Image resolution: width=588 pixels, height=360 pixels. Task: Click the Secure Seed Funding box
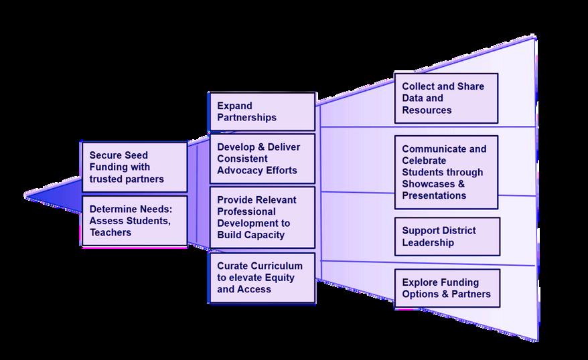(134, 167)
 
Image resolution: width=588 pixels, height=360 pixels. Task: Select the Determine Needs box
(134, 221)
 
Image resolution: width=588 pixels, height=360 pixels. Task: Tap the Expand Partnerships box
(261, 112)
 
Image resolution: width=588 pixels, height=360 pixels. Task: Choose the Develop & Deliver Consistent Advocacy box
(261, 159)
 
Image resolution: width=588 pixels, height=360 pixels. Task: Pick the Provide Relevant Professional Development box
(261, 217)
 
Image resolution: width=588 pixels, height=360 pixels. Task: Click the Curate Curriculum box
(261, 278)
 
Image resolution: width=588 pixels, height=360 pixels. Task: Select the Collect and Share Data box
(446, 98)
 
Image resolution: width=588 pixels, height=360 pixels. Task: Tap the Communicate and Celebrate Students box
(446, 172)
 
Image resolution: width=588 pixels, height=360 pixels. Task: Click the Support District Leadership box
(447, 236)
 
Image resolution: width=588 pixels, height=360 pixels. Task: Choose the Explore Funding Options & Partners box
(447, 288)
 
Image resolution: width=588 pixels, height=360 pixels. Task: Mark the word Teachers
(111, 232)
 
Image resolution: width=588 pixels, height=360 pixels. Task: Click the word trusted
(106, 179)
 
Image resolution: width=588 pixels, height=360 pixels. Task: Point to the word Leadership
(428, 242)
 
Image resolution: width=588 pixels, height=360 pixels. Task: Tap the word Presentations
(434, 196)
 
